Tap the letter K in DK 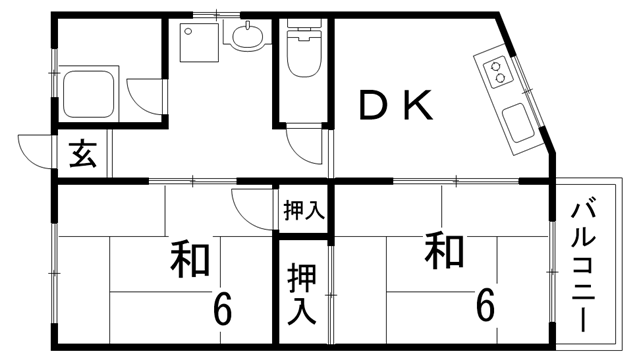pos(418,105)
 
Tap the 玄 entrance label pos(83,156)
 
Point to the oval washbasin pos(247,39)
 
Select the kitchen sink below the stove pos(521,124)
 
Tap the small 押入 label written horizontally pos(302,211)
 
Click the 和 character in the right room pos(443,250)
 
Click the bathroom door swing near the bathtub pos(142,101)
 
